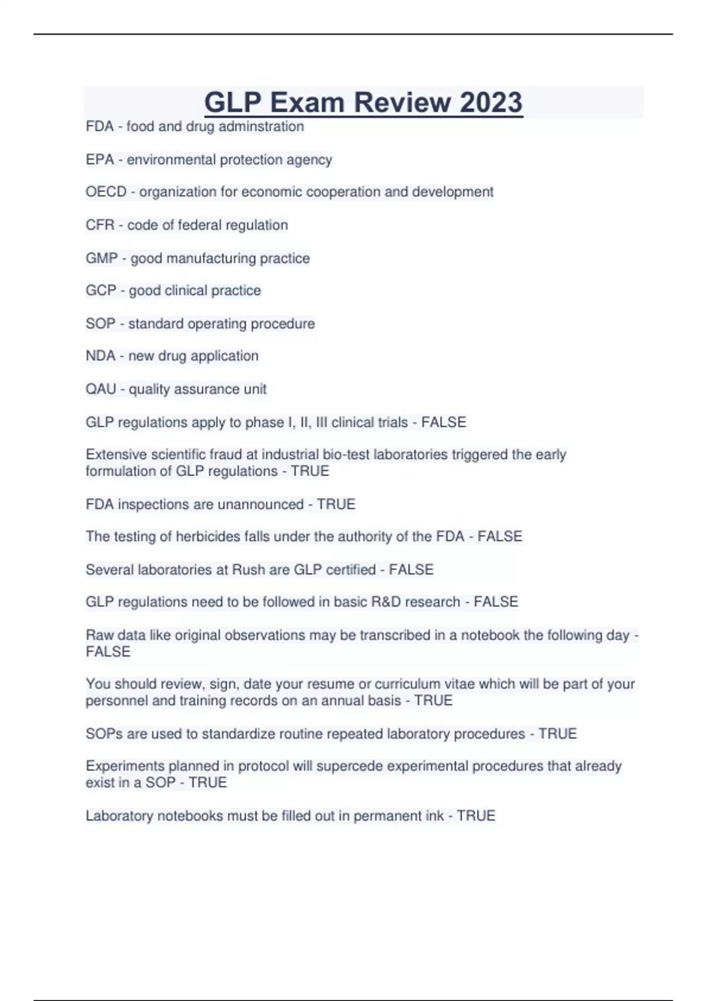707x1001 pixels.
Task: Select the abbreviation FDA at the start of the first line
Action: [100, 127]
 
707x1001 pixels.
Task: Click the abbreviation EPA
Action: [100, 160]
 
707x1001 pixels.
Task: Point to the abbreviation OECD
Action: [106, 192]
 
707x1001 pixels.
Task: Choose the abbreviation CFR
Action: [100, 225]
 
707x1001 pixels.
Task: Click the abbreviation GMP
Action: [101, 258]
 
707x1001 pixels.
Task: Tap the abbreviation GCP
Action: [101, 290]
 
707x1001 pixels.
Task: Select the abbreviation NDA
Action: [100, 356]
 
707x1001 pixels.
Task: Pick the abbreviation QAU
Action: [101, 389]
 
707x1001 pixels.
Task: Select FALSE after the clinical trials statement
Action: [444, 422]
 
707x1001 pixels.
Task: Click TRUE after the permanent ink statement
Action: [476, 816]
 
